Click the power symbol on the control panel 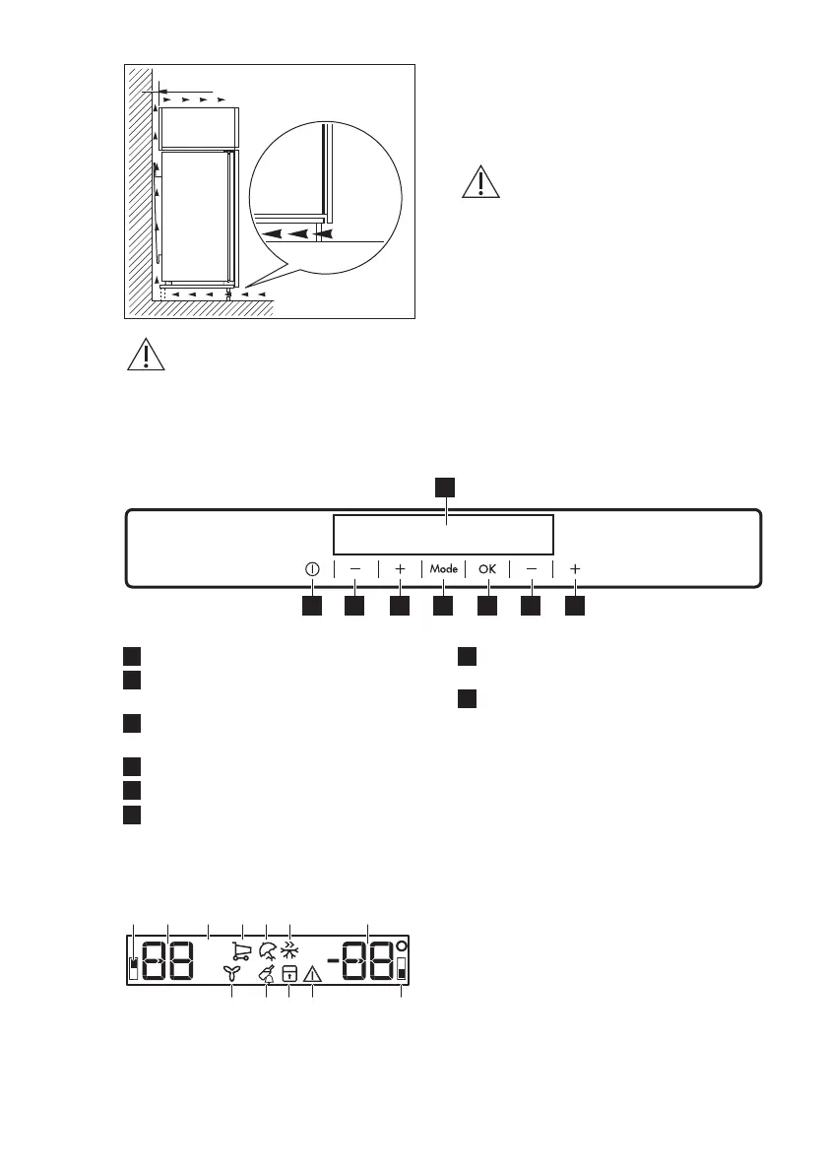(311, 569)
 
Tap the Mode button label (443, 569)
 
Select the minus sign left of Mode (354, 569)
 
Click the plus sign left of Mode (400, 569)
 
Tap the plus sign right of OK (576, 569)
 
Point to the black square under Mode (443, 607)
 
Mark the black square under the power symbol (311, 607)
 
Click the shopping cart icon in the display (240, 950)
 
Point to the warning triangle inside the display (313, 974)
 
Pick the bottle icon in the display (266, 974)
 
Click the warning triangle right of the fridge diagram (481, 182)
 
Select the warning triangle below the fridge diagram (146, 356)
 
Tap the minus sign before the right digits (335, 959)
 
